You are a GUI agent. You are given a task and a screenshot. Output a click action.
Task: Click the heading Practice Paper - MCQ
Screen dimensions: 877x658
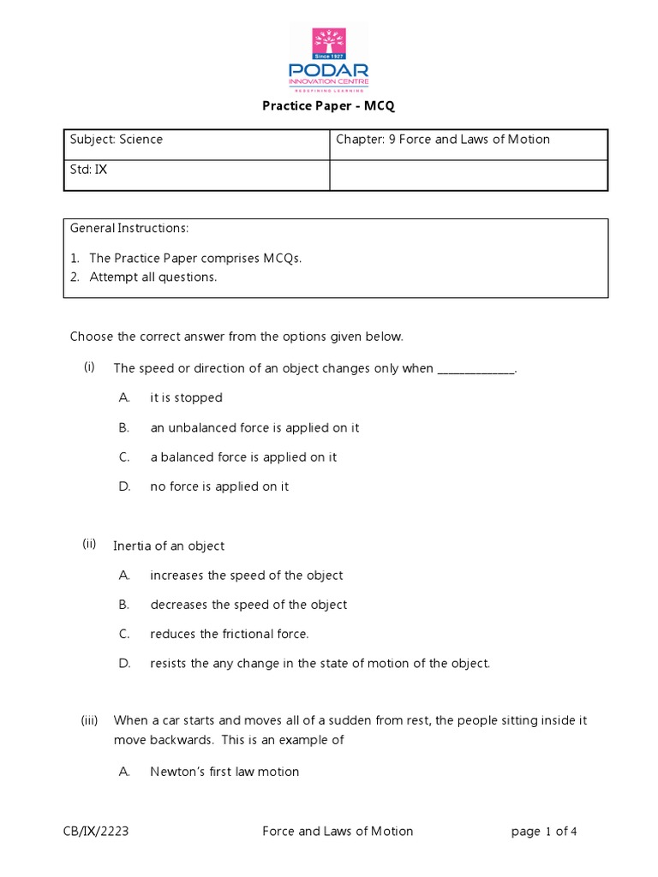tap(328, 107)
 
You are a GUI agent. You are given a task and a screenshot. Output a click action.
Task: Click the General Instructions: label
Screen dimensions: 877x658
tap(129, 229)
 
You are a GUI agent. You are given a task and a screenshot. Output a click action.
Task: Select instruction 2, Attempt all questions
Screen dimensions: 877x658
tap(153, 277)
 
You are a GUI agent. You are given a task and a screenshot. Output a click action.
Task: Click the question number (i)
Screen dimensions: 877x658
tap(89, 367)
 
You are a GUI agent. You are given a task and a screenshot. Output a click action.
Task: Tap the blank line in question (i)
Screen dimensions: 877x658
tap(477, 369)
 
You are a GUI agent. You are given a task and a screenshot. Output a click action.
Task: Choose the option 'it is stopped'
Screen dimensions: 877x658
tap(186, 397)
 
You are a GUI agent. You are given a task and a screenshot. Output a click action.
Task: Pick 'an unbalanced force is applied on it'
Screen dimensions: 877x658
tap(254, 427)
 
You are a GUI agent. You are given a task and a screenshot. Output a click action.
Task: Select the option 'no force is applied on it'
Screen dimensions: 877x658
tap(219, 486)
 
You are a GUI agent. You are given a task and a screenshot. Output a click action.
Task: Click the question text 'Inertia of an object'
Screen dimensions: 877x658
tap(169, 546)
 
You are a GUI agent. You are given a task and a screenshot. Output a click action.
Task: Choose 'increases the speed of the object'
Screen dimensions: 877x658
tap(246, 576)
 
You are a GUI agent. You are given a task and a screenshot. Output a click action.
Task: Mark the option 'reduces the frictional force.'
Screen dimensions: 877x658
tap(229, 635)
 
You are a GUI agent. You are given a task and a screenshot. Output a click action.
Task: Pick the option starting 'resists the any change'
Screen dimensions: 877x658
tap(320, 664)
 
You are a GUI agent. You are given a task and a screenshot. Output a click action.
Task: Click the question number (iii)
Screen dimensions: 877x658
tap(91, 721)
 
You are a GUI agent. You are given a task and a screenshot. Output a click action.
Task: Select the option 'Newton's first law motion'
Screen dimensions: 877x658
tap(224, 772)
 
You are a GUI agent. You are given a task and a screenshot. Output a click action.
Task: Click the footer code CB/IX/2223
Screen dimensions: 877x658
tap(96, 831)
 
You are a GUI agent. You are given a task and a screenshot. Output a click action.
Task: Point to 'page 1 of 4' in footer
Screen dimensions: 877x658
tap(549, 831)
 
